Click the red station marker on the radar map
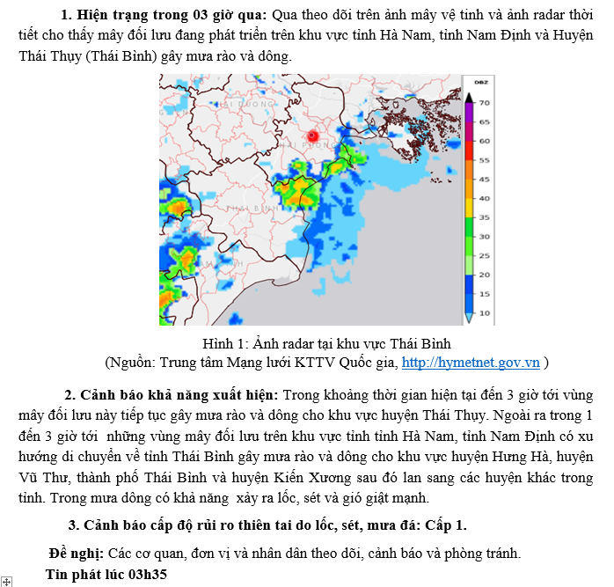[x=312, y=136]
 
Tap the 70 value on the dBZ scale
[x=485, y=102]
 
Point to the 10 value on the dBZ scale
[x=485, y=312]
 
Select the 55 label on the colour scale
[x=485, y=160]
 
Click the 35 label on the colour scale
[x=485, y=216]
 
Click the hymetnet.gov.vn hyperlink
[x=471, y=362]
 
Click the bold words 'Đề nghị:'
[x=76, y=553]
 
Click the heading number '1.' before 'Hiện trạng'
[x=67, y=15]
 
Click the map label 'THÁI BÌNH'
[x=247, y=208]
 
